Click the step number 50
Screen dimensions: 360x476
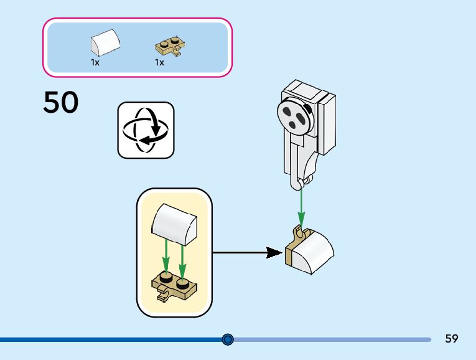[61, 103]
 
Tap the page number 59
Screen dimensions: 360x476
[452, 339]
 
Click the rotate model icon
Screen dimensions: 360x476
[146, 130]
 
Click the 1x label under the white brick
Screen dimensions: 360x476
[95, 62]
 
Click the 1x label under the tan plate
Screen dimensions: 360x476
[159, 62]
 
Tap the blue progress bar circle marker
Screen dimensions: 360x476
[228, 339]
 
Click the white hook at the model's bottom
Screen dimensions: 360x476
[302, 181]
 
